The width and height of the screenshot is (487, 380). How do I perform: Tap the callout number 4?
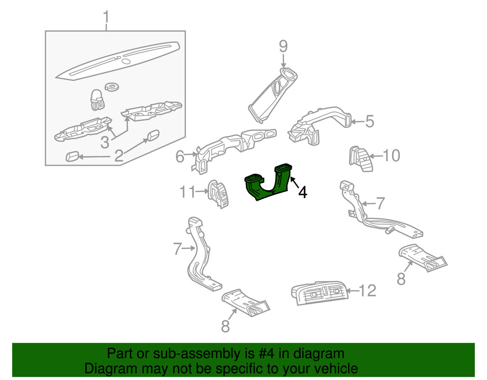pyautogui.click(x=302, y=193)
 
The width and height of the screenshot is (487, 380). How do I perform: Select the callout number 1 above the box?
pyautogui.click(x=106, y=18)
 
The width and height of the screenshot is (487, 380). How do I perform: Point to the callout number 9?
pyautogui.click(x=283, y=47)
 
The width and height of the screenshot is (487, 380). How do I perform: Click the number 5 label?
pyautogui.click(x=370, y=121)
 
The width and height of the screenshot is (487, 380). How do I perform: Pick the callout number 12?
pyautogui.click(x=368, y=291)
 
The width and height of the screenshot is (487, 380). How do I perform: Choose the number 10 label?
pyautogui.click(x=391, y=156)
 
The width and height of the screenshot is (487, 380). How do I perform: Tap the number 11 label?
pyautogui.click(x=188, y=192)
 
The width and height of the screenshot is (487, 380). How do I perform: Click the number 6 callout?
pyautogui.click(x=180, y=157)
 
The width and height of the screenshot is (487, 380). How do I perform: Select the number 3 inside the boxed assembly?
pyautogui.click(x=105, y=143)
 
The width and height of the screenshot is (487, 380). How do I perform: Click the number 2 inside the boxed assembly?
pyautogui.click(x=118, y=156)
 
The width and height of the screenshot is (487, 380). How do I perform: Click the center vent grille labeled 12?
pyautogui.click(x=318, y=293)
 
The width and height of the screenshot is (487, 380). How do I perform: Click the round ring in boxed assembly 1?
pyautogui.click(x=113, y=87)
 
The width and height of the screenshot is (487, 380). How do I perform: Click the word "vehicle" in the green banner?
pyautogui.click(x=331, y=368)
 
